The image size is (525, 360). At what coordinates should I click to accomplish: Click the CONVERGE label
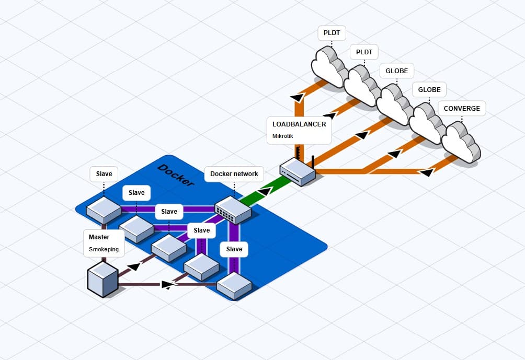click(462, 109)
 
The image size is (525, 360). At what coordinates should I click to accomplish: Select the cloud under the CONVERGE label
click(461, 142)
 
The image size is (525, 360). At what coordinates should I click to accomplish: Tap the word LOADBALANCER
click(299, 124)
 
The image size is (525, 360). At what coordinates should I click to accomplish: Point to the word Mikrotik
click(283, 136)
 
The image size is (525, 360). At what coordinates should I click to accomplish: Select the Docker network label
click(234, 174)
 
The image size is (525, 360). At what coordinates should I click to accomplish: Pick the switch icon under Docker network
click(233, 210)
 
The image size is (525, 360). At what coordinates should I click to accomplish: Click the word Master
click(99, 237)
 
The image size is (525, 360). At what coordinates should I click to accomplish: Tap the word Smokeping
click(104, 249)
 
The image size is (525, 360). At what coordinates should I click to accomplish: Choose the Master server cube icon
click(102, 280)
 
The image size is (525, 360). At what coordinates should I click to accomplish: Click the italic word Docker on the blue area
click(176, 175)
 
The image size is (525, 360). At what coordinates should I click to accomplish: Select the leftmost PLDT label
click(332, 33)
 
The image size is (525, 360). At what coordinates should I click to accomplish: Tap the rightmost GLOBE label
click(429, 90)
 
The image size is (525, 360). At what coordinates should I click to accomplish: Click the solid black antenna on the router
click(312, 161)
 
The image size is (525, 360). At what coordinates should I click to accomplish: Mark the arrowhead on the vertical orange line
click(297, 97)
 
